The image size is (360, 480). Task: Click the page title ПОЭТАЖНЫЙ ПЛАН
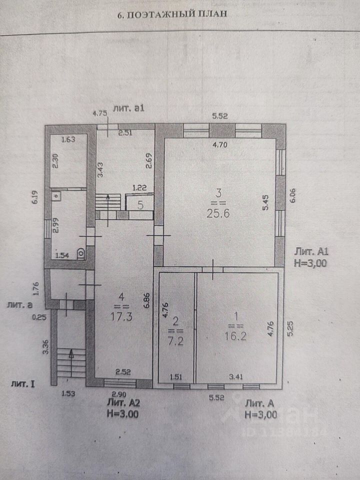point(176,14)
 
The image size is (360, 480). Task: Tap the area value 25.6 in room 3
point(218,213)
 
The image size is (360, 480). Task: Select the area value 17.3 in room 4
point(121,316)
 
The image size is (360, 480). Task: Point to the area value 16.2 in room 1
point(235,336)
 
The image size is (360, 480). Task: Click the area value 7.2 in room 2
point(175,341)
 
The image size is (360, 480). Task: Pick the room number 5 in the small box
point(140,205)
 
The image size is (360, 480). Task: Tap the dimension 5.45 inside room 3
point(265,202)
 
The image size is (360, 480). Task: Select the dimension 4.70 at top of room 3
point(220,144)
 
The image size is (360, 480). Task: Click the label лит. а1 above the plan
point(128,108)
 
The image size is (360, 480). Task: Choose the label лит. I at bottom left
point(22,384)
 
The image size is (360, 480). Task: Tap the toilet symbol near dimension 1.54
point(81,253)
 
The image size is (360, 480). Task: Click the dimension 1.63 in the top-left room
point(68,139)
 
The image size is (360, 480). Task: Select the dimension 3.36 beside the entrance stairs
point(46,347)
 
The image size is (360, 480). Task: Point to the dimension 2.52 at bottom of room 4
point(123,372)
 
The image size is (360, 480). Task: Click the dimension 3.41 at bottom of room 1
point(235,377)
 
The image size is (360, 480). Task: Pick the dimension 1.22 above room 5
point(139,187)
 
